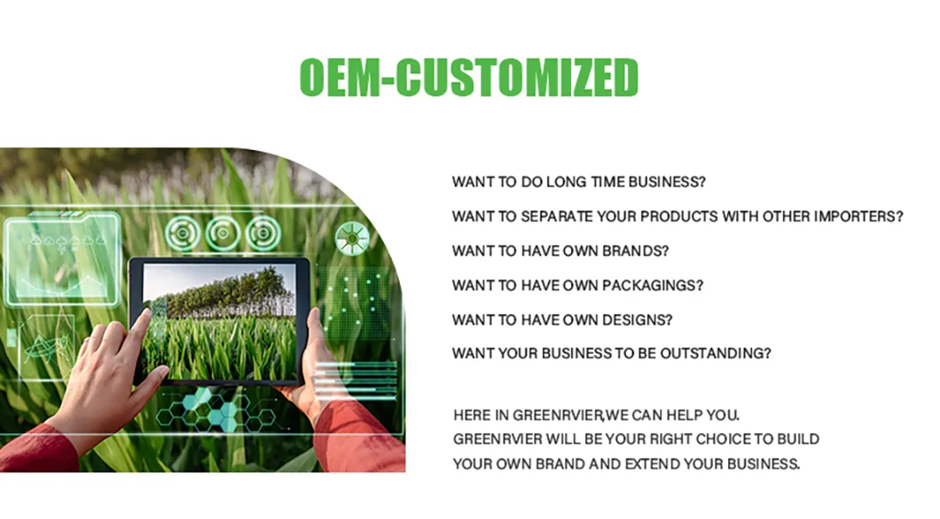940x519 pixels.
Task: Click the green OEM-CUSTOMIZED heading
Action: (x=469, y=77)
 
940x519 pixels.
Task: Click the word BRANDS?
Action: (x=636, y=251)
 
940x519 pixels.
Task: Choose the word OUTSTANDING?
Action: (x=715, y=353)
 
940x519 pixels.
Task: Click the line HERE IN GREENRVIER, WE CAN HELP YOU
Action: (x=597, y=415)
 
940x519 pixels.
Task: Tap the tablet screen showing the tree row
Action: (x=219, y=322)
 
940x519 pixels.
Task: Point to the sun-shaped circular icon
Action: (x=352, y=238)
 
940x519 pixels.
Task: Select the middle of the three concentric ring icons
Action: (x=223, y=233)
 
